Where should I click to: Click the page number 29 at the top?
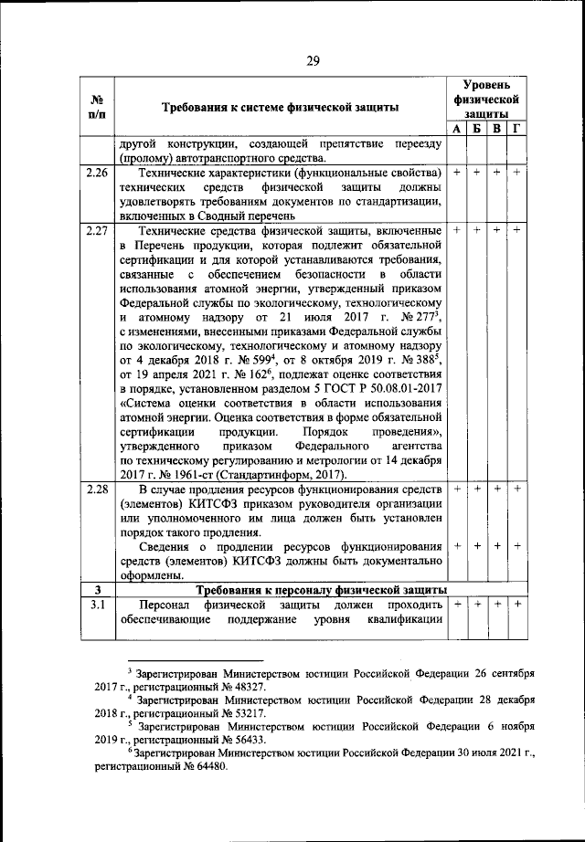313,61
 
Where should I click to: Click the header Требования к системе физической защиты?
280,108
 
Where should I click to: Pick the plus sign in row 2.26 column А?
456,173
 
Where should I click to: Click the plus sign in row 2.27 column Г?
516,231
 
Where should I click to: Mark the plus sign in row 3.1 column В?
496,605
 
